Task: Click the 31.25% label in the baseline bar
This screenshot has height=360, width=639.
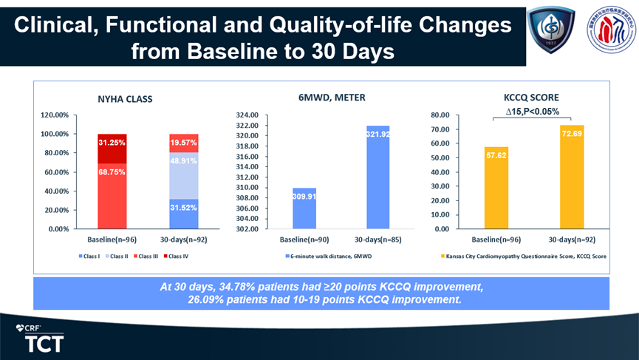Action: (x=112, y=142)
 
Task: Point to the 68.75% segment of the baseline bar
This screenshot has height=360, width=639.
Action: (x=112, y=192)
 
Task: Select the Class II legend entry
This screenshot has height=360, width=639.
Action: (x=114, y=257)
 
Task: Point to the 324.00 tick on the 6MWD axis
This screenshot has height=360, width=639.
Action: (x=247, y=115)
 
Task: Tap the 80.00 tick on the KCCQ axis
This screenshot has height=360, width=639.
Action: (x=440, y=115)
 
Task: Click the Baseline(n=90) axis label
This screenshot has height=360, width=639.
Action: (x=305, y=239)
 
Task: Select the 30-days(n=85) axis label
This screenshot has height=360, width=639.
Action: (x=377, y=239)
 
